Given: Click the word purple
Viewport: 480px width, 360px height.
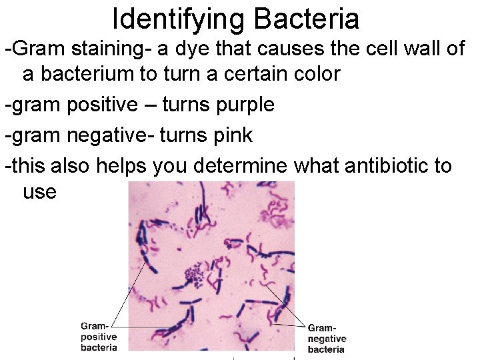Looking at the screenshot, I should (x=240, y=105).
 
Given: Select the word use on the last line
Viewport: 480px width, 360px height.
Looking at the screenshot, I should (x=40, y=192).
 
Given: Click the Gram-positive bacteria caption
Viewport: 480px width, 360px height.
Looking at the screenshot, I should (x=99, y=337).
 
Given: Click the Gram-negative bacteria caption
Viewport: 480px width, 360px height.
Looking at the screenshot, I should (x=327, y=339).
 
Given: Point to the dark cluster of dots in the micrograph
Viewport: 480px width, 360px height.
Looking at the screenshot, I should (x=195, y=272).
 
